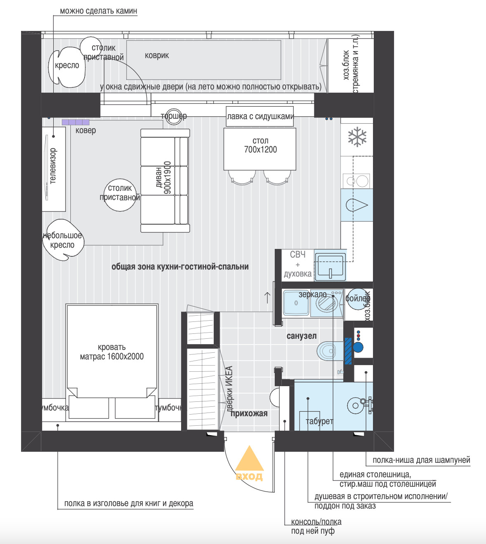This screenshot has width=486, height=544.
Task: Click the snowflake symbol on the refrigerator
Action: (357, 138)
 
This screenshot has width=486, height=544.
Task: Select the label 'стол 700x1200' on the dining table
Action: (260, 145)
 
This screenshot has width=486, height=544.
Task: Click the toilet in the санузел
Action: (330, 351)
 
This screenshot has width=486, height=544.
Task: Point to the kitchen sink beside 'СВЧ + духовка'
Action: (330, 266)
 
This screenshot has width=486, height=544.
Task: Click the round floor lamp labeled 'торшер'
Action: (174, 117)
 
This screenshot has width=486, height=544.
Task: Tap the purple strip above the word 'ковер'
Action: (75, 122)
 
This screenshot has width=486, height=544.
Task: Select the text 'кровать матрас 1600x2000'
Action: (111, 352)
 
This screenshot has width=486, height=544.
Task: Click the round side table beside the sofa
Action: (120, 195)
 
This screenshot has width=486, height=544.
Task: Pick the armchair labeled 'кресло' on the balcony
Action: (67, 67)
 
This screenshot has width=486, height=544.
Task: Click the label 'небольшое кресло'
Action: (62, 240)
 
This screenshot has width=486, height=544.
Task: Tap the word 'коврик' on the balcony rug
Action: (157, 56)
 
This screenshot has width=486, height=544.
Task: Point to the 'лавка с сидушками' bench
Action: (260, 116)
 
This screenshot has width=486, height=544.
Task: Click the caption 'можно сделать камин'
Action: (98, 11)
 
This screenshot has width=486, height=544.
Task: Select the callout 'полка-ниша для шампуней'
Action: (421, 460)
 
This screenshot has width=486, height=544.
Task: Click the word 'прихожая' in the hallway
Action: (249, 413)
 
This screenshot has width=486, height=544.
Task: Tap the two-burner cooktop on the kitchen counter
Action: (357, 181)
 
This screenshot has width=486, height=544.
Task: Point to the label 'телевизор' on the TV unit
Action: (53, 166)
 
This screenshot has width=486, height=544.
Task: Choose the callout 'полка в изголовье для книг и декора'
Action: (128, 504)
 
